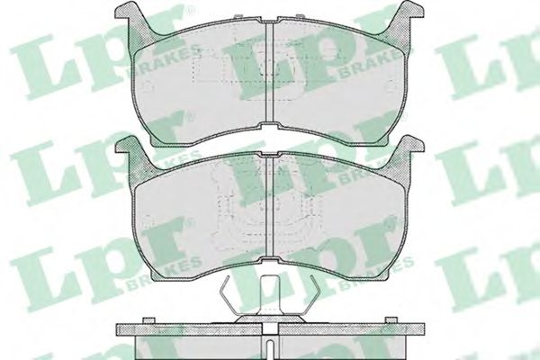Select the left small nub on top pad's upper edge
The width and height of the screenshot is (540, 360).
tap(238, 16)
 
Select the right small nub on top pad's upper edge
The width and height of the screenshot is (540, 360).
tap(301, 16)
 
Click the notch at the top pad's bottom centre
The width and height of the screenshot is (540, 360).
tap(270, 126)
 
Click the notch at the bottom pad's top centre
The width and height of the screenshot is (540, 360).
tap(270, 155)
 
